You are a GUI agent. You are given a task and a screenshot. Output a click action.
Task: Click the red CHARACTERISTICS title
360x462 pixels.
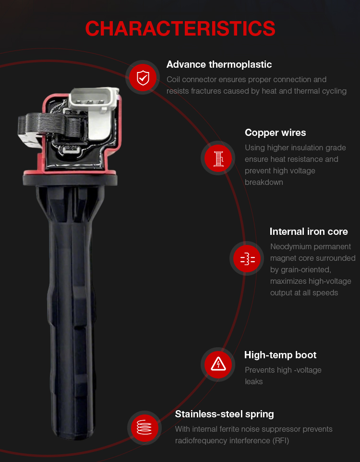(x=180, y=29)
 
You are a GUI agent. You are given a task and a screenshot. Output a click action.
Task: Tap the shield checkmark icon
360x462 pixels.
(x=143, y=77)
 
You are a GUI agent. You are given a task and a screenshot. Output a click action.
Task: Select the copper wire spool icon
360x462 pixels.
(x=218, y=158)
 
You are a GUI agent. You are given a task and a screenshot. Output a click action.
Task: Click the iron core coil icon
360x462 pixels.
(x=248, y=259)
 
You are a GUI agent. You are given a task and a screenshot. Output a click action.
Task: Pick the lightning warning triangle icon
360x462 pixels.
(x=218, y=364)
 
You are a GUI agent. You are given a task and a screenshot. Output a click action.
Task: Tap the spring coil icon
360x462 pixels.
(x=144, y=427)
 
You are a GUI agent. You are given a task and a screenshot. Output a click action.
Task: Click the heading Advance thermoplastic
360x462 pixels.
(x=219, y=64)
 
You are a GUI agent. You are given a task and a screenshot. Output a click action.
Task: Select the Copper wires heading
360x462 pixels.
(x=275, y=133)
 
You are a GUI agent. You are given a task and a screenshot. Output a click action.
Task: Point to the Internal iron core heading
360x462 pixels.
(x=309, y=231)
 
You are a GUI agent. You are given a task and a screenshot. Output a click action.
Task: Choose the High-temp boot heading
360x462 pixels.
(x=280, y=355)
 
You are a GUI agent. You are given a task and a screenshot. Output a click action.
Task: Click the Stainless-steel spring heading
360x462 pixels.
(x=224, y=414)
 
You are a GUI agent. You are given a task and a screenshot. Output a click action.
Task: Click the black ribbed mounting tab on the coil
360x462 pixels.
(x=48, y=125)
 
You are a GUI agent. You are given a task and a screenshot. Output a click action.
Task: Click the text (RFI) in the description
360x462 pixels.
(x=281, y=440)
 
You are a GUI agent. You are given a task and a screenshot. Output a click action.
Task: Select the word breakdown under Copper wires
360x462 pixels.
(x=264, y=182)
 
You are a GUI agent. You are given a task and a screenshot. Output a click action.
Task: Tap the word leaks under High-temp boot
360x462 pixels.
(x=253, y=381)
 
